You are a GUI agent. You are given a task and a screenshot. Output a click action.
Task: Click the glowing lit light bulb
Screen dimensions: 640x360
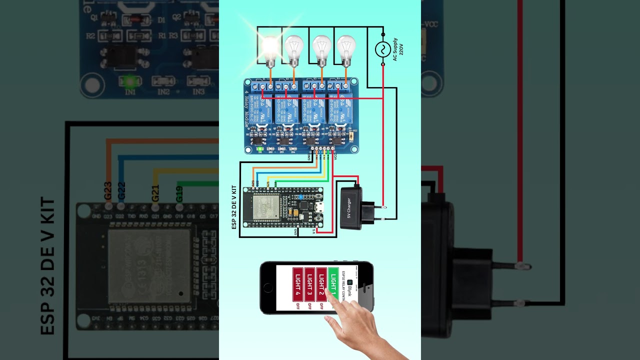click(x=270, y=48)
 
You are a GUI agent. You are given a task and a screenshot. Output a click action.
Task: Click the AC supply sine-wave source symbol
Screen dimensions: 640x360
click(x=383, y=49)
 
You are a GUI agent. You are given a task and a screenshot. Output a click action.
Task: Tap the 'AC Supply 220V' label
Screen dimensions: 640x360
click(x=398, y=49)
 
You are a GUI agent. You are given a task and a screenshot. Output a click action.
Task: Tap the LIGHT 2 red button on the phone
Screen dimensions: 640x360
click(x=321, y=284)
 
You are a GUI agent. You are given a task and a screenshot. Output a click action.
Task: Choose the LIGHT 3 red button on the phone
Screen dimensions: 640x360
click(x=309, y=284)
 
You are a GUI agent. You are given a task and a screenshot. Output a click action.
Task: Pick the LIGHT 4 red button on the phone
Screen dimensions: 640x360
click(x=297, y=284)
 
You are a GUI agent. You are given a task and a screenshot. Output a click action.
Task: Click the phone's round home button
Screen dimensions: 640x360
click(x=267, y=288)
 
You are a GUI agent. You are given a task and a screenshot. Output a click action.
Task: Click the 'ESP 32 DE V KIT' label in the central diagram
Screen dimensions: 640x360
click(x=234, y=207)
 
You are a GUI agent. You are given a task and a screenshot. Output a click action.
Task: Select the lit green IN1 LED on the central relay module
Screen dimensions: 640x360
click(x=259, y=148)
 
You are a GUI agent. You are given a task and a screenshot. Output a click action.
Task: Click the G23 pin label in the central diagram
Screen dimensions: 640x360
click(x=253, y=183)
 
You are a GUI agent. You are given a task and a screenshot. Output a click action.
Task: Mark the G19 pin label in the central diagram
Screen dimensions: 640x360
click(x=276, y=183)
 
